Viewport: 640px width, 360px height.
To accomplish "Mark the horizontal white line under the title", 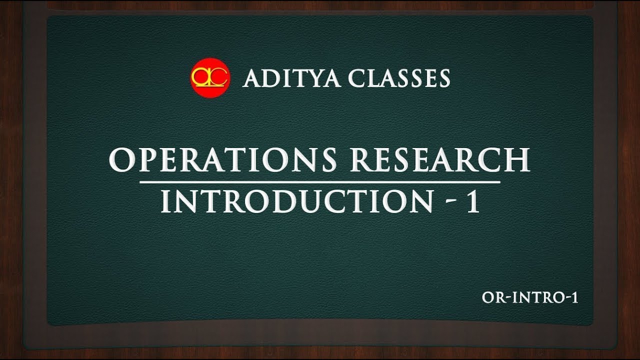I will (x=320, y=181).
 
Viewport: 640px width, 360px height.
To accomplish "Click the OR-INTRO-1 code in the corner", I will (x=530, y=298).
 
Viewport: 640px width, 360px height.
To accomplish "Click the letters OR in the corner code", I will (x=492, y=298).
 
